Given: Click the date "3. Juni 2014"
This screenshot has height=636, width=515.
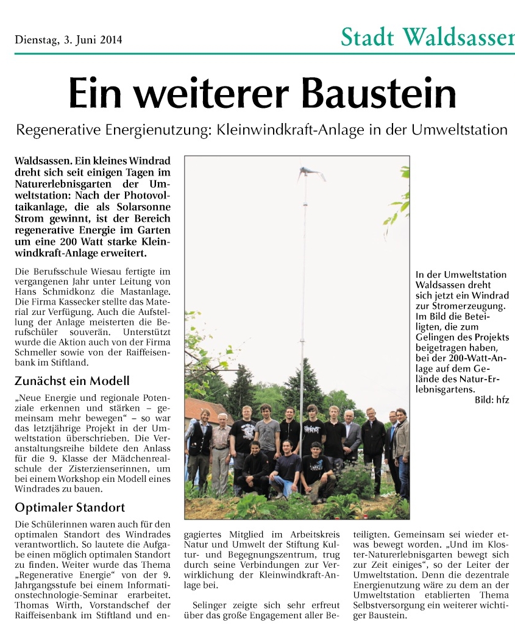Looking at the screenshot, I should pos(92,41).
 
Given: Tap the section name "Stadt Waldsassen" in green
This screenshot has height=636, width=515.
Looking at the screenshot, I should pos(427,38).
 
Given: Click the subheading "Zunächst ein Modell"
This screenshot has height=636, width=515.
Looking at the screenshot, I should pos(72,381).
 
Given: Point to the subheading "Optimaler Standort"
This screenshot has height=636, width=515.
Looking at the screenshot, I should pos(69,507).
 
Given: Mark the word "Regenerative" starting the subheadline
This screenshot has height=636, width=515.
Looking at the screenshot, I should pos(54,130).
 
